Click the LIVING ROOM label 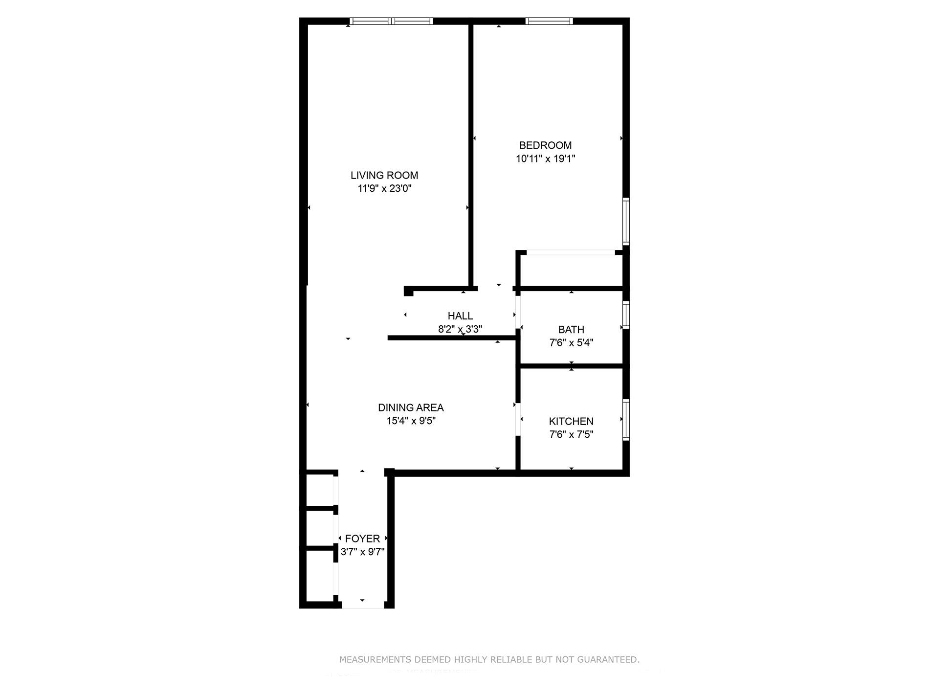tap(384, 175)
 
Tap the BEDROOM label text tap(545, 145)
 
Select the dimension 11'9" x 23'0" tap(384, 189)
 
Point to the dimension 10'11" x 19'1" tap(545, 159)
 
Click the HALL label tap(460, 316)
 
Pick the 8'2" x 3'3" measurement tap(460, 329)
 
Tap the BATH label tap(571, 330)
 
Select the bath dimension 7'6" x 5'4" tap(571, 343)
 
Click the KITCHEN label tap(571, 421)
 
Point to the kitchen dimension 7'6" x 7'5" tap(571, 434)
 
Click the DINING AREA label tap(411, 407)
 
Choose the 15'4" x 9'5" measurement tap(411, 421)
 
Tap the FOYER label tap(362, 539)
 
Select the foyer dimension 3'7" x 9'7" tap(362, 552)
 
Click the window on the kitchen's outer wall tap(626, 420)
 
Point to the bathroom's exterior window tap(626, 315)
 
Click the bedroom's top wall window tap(549, 21)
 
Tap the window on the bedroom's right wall tap(626, 221)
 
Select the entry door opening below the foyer tap(362, 606)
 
